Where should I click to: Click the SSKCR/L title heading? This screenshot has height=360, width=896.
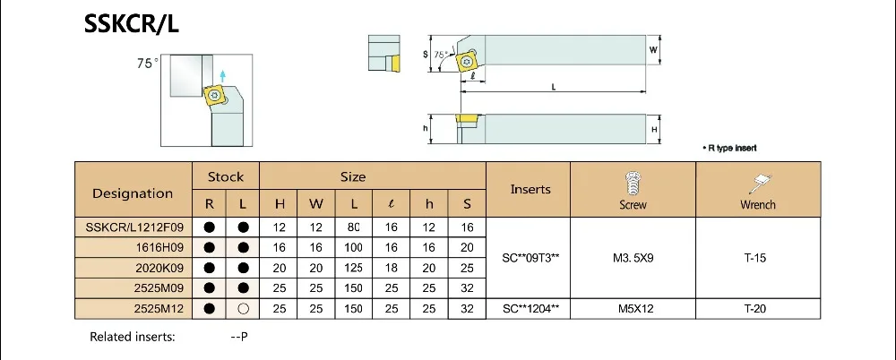(132, 24)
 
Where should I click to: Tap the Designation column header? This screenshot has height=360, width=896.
(133, 193)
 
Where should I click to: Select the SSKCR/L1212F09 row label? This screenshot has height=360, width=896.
(134, 227)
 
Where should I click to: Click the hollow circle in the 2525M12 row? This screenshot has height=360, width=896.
(243, 309)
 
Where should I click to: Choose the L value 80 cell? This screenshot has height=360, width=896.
(353, 227)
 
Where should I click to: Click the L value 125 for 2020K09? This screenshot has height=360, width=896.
(353, 268)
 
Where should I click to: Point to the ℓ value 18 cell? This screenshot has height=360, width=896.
(391, 268)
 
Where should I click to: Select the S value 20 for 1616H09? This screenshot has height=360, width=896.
(467, 247)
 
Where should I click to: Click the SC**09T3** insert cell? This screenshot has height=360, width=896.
(530, 258)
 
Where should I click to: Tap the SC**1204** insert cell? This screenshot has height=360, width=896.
(530, 309)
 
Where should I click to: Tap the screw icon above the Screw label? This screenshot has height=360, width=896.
(632, 183)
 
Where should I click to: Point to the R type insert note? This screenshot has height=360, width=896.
(729, 148)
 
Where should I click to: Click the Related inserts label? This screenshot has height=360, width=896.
(132, 337)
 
